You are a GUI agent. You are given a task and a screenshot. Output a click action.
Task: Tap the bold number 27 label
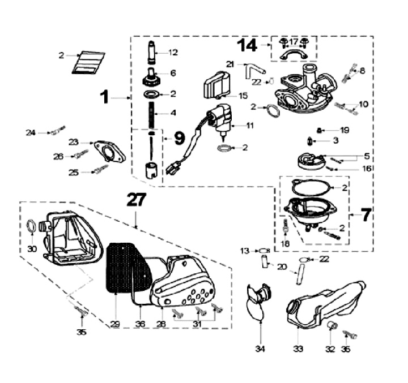136,200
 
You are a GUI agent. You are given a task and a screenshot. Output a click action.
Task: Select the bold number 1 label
104,97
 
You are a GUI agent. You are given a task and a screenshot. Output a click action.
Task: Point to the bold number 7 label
366,216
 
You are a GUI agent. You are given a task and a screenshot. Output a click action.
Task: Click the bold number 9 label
178,137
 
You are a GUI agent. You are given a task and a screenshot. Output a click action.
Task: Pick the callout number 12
173,53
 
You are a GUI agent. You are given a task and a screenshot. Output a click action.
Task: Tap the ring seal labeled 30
33,228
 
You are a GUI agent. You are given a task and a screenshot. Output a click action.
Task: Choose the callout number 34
260,350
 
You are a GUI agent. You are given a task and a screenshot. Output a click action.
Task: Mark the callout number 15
244,96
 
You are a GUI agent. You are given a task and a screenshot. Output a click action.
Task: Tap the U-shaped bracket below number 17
293,55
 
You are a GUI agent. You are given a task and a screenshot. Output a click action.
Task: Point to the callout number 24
31,132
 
